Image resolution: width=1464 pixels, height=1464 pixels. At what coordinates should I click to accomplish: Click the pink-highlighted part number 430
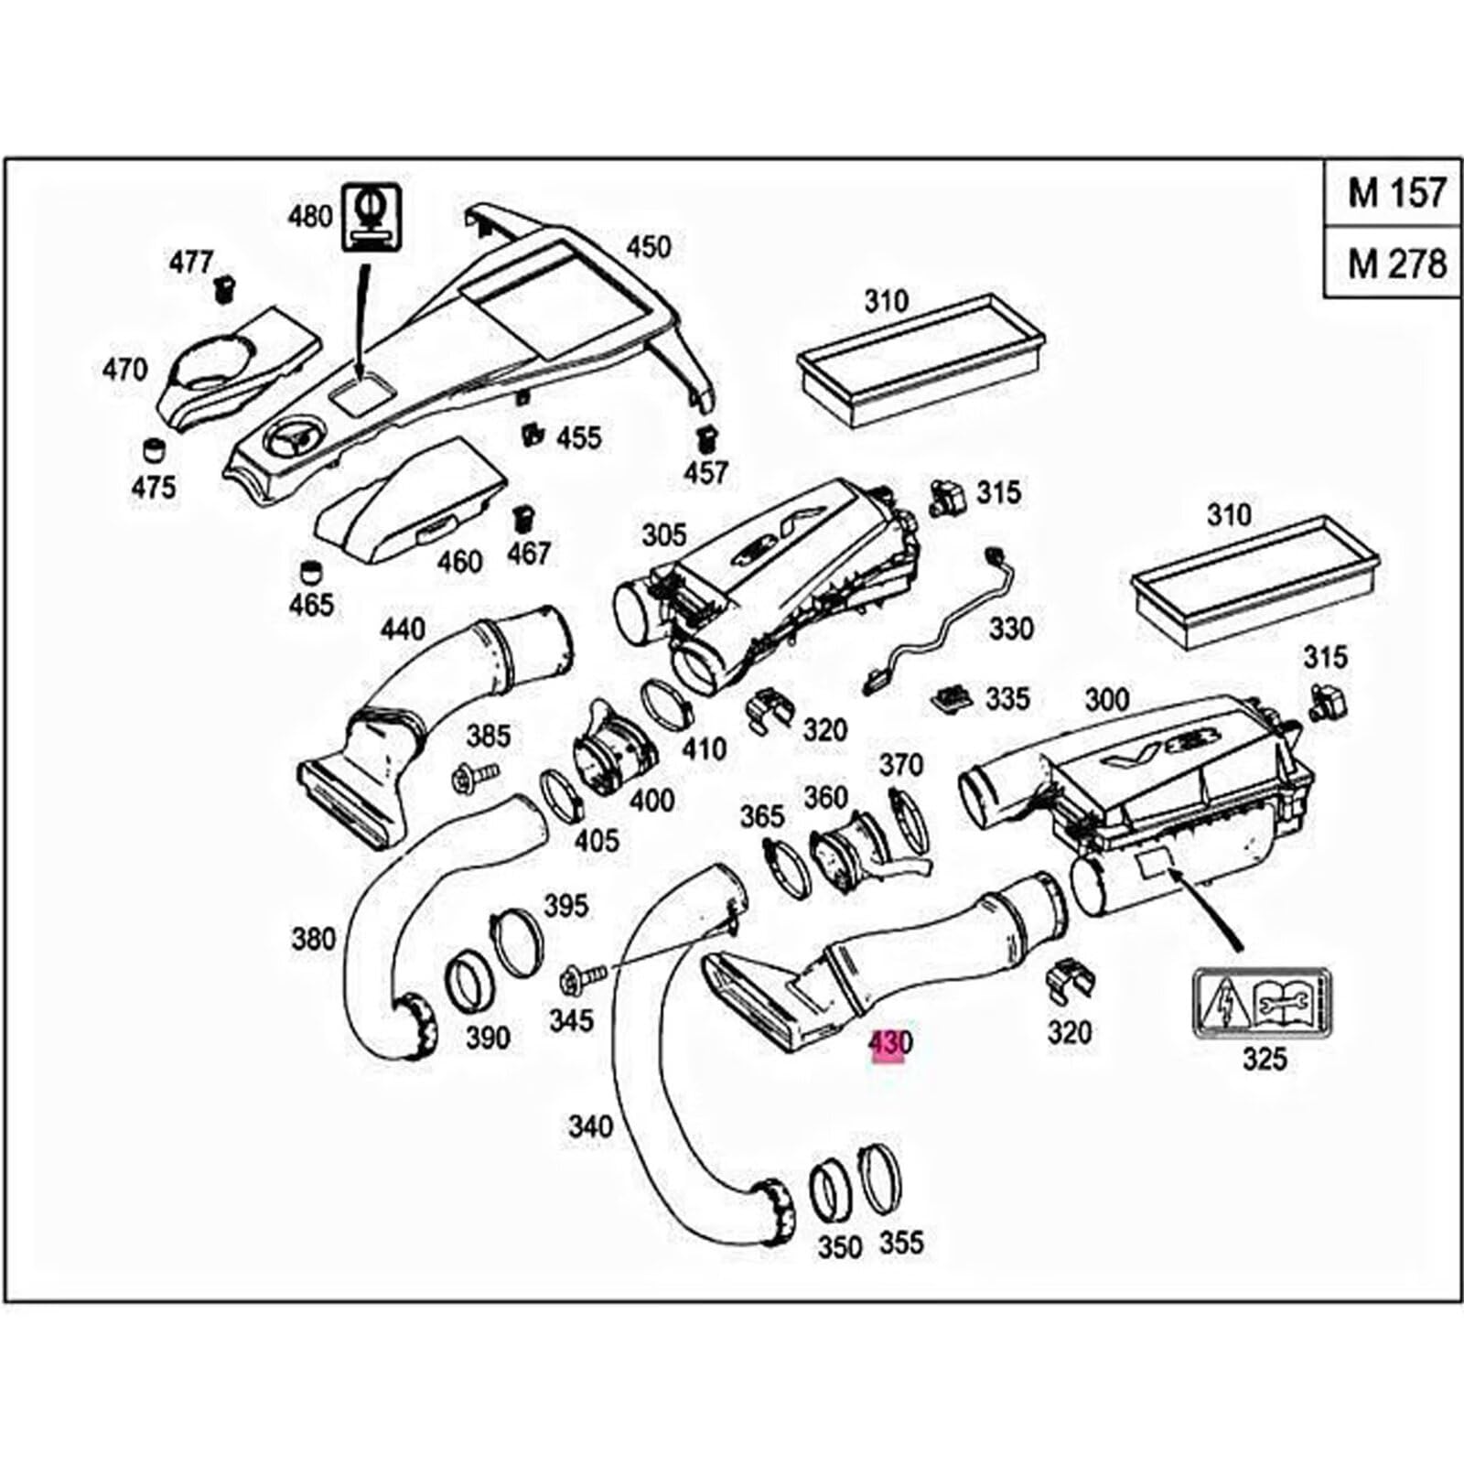[889, 1043]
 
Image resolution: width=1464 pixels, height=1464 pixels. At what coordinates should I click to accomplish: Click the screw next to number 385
[475, 778]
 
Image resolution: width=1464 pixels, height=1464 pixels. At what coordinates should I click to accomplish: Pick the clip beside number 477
[224, 289]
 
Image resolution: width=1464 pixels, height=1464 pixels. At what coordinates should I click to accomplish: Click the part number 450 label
[648, 247]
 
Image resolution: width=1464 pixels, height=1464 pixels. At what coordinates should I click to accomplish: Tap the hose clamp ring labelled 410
[677, 704]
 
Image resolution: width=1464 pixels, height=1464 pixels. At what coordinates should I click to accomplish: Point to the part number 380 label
[314, 938]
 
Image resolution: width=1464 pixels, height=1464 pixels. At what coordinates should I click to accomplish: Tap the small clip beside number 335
[953, 700]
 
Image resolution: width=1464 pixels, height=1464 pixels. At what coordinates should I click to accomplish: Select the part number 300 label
[1106, 701]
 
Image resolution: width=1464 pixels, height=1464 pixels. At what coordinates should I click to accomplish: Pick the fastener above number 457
[705, 437]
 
